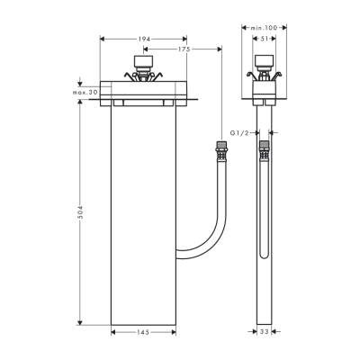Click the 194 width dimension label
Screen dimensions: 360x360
(x=143, y=40)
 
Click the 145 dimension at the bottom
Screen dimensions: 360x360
(x=143, y=333)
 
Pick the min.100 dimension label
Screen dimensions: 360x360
(x=263, y=29)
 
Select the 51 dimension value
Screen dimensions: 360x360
(x=263, y=40)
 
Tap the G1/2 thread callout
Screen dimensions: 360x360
(x=238, y=132)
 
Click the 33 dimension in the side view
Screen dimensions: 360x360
(x=263, y=333)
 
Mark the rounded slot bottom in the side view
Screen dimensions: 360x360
(x=263, y=255)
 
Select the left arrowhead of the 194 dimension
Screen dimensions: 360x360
(x=102, y=40)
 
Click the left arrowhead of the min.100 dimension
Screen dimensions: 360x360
(x=243, y=29)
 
